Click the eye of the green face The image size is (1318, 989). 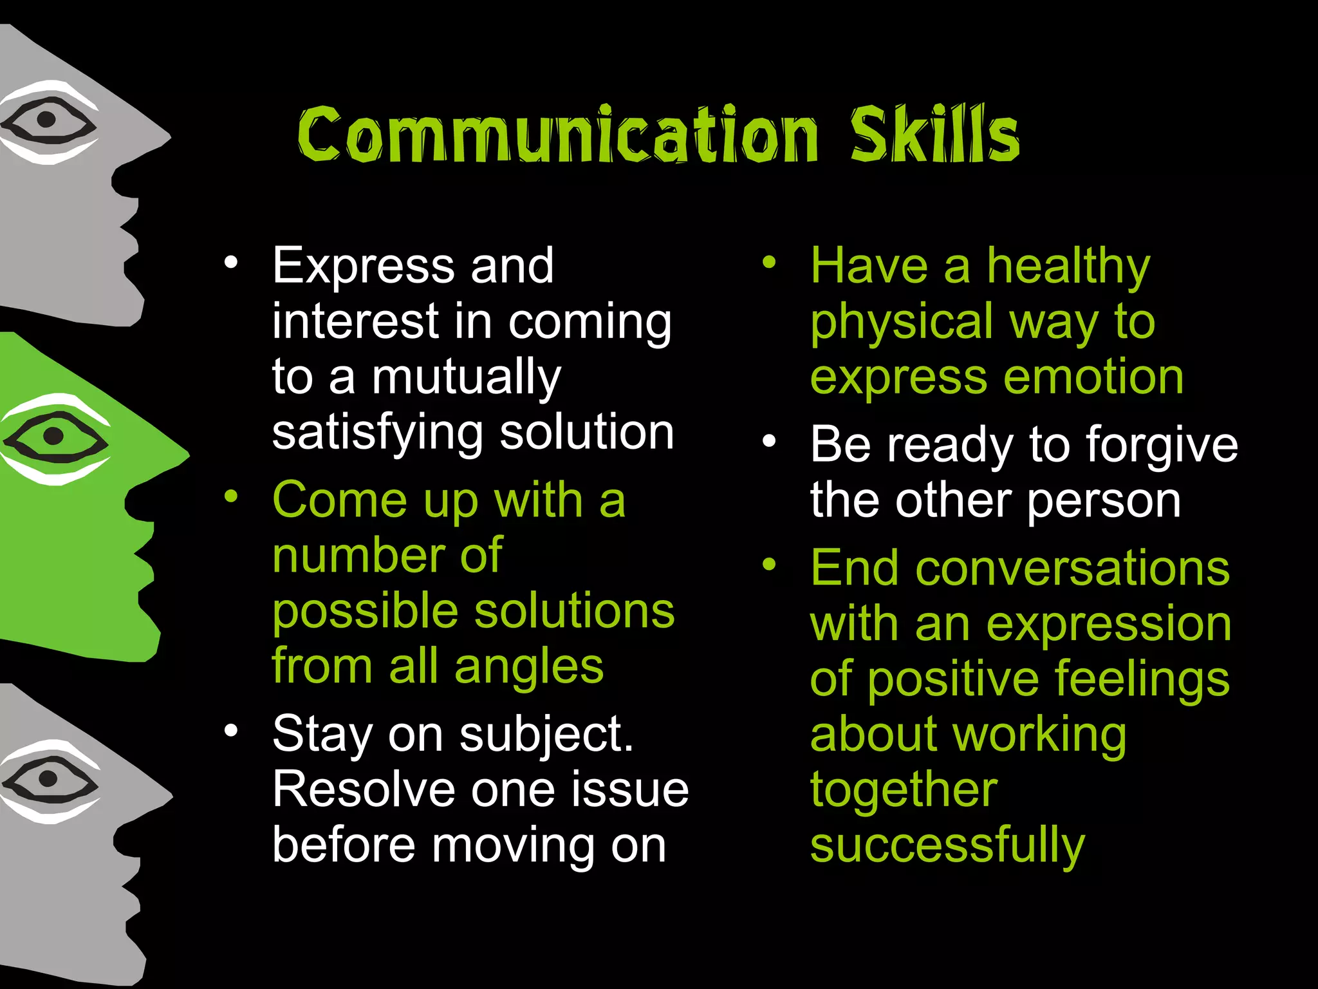click(54, 436)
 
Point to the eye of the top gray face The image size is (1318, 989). click(46, 120)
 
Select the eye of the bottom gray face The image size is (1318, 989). click(48, 779)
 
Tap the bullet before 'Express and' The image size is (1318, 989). click(231, 263)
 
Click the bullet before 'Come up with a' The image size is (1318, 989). click(231, 496)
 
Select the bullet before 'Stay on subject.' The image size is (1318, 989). click(231, 731)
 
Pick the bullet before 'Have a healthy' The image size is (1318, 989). click(769, 263)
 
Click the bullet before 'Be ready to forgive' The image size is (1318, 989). click(769, 442)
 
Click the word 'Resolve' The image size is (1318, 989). click(364, 789)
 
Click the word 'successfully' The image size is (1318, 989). click(947, 847)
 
